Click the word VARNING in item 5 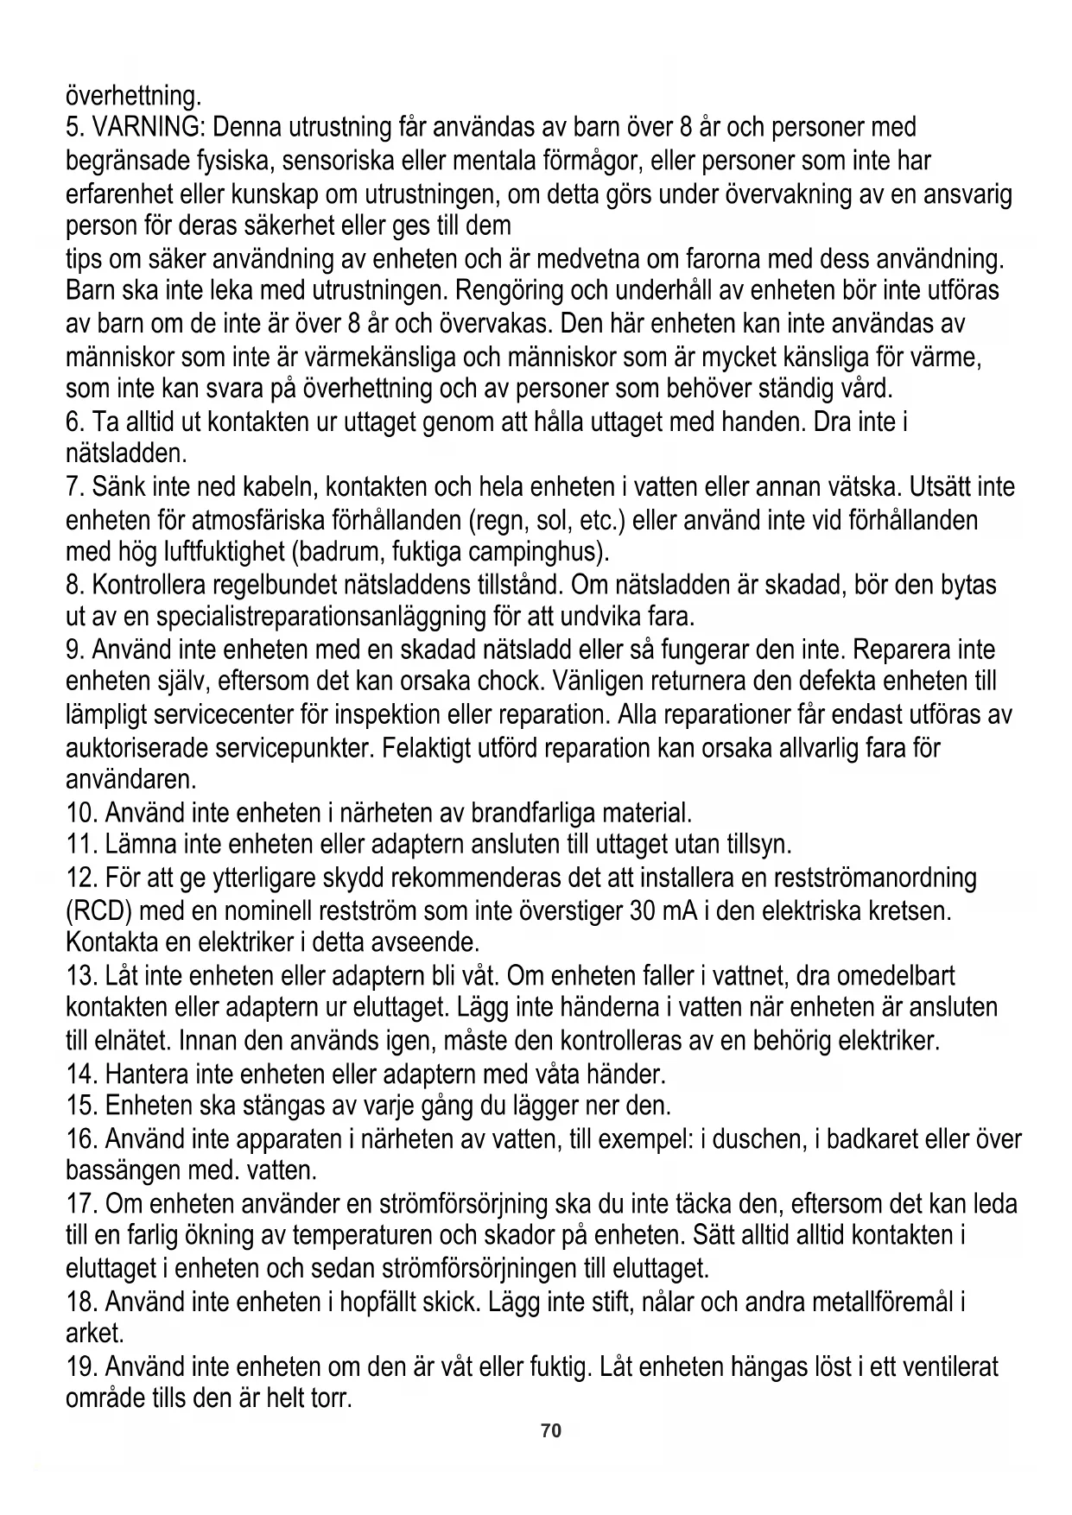click(x=146, y=128)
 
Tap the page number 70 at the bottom click(x=550, y=1455)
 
